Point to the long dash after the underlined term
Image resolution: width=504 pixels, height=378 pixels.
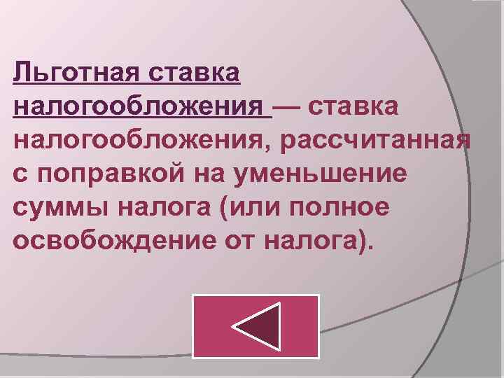(288, 106)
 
